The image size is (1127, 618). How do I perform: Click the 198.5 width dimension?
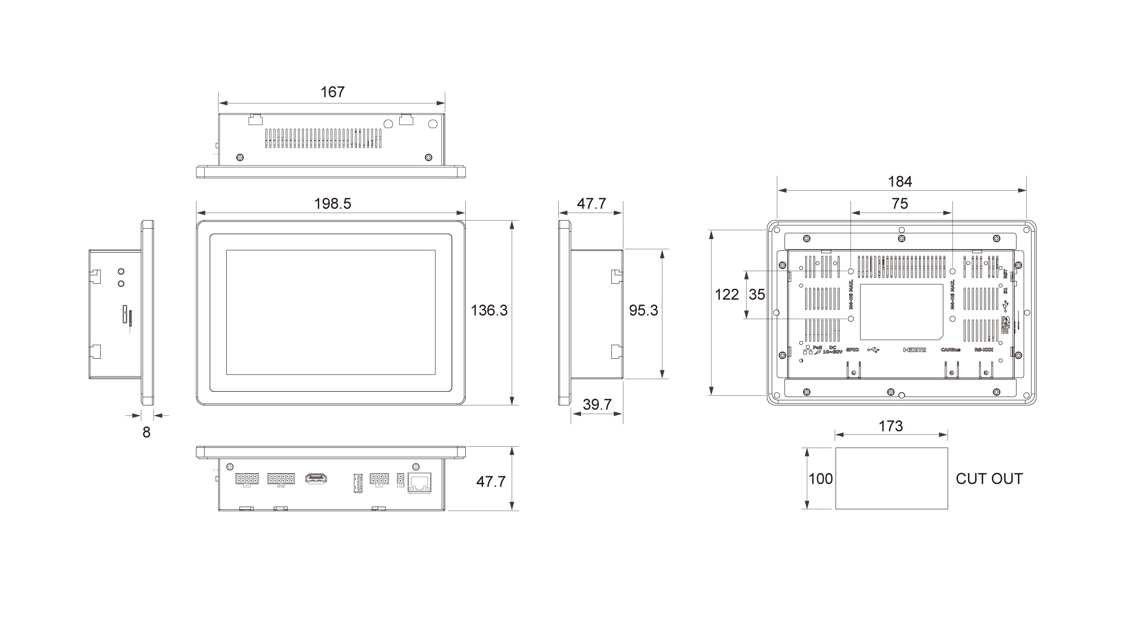click(x=332, y=204)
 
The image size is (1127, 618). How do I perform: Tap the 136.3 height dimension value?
click(x=489, y=310)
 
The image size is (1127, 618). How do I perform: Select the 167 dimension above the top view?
click(x=332, y=92)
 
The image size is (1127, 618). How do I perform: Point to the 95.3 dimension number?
click(x=643, y=310)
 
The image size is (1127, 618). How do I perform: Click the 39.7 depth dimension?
click(x=597, y=405)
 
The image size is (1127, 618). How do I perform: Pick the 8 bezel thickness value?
click(x=147, y=432)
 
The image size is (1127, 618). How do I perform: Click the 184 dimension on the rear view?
click(x=900, y=181)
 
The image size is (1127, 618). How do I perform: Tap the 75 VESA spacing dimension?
click(x=900, y=203)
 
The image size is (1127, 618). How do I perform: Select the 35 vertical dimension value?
click(x=757, y=294)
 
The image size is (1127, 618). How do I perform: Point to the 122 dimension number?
click(x=726, y=294)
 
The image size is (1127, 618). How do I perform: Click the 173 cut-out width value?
click(x=891, y=426)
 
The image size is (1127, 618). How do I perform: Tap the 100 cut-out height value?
click(x=821, y=478)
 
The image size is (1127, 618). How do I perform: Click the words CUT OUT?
click(x=989, y=478)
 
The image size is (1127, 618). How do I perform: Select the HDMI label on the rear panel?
click(x=914, y=350)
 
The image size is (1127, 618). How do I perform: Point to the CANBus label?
click(x=950, y=350)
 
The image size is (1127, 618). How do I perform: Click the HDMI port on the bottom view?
click(x=316, y=478)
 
